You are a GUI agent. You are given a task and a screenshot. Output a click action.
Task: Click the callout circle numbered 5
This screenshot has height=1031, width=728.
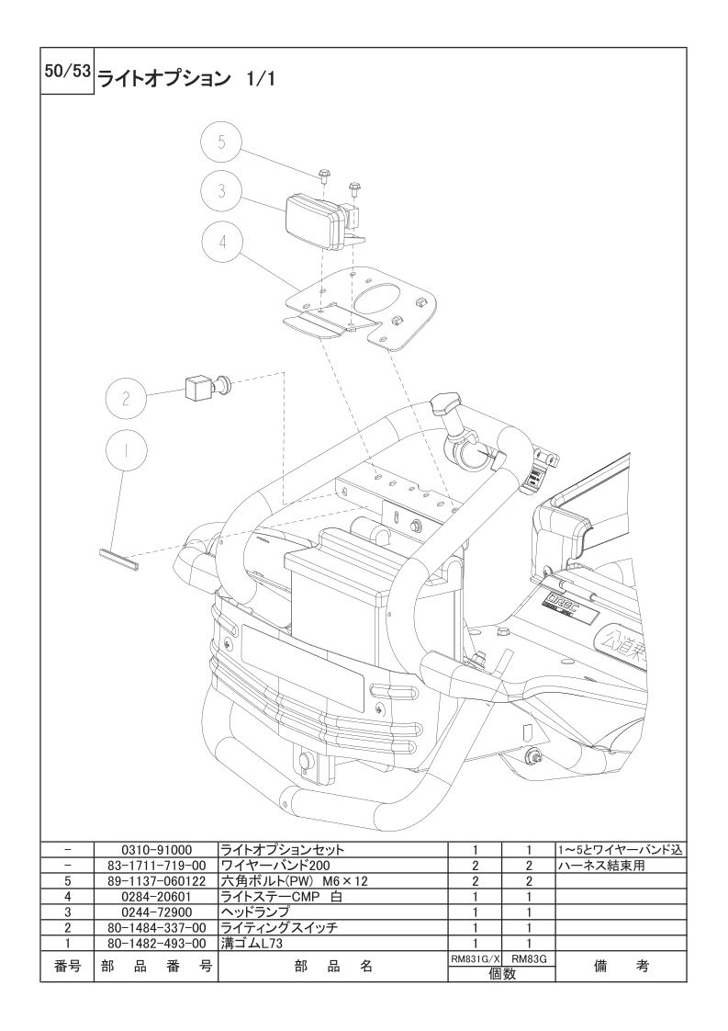coord(222,142)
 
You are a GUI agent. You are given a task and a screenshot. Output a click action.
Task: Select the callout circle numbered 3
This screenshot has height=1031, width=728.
coord(222,190)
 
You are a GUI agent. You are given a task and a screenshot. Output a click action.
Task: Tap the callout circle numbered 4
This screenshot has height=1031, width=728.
coord(222,242)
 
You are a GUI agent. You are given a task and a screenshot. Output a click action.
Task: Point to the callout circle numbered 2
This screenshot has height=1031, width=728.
coord(126,398)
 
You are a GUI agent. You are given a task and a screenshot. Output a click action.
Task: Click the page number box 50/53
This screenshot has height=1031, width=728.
coord(67,72)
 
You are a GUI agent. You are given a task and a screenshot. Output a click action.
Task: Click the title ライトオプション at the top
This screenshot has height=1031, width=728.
coord(164,79)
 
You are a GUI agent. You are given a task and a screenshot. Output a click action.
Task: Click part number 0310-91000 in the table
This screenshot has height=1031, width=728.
coord(156,850)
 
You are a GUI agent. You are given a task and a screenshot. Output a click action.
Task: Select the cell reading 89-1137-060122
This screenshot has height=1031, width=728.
coord(156,880)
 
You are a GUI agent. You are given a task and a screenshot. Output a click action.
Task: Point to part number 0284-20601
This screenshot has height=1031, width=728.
coord(156,896)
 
